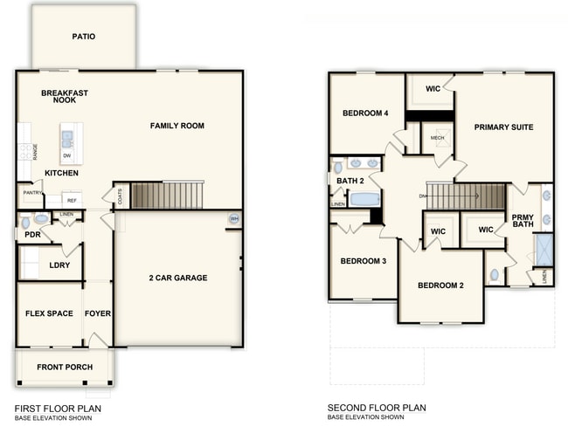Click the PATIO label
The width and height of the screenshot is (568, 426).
(x=84, y=37)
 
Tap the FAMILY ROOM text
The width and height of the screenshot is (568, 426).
(x=177, y=126)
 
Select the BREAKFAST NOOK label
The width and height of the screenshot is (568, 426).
(x=65, y=96)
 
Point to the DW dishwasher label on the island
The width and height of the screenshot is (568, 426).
(x=67, y=155)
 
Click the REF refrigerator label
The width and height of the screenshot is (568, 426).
(x=72, y=201)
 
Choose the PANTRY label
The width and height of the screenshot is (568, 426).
(x=31, y=193)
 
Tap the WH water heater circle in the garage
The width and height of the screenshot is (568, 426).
(x=233, y=218)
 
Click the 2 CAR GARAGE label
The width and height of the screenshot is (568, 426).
(x=177, y=278)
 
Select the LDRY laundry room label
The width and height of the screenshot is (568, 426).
(x=59, y=265)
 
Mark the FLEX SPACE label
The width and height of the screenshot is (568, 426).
(x=49, y=313)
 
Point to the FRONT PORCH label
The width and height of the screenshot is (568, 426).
(x=65, y=367)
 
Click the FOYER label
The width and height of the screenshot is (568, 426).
(x=98, y=313)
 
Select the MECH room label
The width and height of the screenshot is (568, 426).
(x=437, y=138)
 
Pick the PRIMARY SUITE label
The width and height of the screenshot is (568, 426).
(x=503, y=127)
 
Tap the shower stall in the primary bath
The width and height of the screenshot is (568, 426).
(x=544, y=250)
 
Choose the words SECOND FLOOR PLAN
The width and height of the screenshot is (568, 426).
(x=377, y=408)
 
